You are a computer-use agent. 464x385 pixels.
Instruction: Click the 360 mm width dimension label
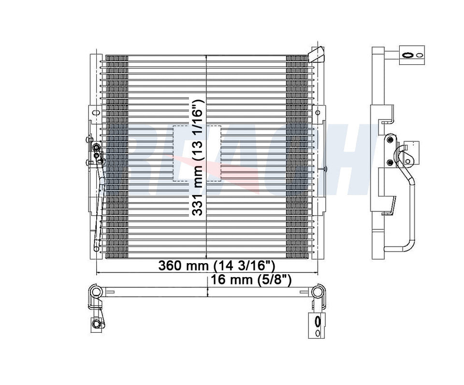point(217,266)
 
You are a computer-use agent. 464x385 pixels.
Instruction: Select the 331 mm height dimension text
point(197,157)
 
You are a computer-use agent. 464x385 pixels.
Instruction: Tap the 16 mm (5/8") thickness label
point(251,279)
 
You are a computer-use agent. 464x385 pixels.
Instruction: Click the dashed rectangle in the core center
point(197,153)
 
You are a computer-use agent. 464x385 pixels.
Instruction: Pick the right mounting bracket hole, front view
point(318,113)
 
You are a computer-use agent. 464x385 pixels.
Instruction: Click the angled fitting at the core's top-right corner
point(316,55)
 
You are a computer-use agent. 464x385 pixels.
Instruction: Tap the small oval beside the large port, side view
point(419,55)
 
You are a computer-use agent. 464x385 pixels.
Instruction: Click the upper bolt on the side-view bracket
point(391,139)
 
